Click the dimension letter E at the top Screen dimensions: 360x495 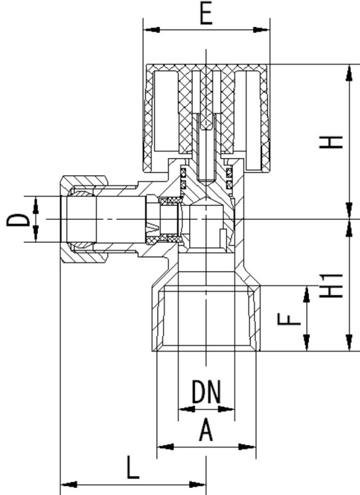(207, 15)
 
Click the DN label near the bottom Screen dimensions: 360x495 (207, 392)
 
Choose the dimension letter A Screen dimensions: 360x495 (207, 430)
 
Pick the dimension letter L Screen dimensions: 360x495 (133, 467)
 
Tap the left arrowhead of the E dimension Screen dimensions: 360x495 (151, 30)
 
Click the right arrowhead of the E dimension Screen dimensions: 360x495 (262, 30)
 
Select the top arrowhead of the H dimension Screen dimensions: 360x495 (349, 73)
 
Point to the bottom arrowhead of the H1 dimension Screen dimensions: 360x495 (349, 343)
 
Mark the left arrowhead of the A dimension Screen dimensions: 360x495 (166, 447)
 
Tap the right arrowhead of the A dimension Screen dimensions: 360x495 (247, 447)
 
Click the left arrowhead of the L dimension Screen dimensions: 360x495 (68, 484)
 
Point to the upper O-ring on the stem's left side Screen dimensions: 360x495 (183, 173)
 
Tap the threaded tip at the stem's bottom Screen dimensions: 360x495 (206, 182)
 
